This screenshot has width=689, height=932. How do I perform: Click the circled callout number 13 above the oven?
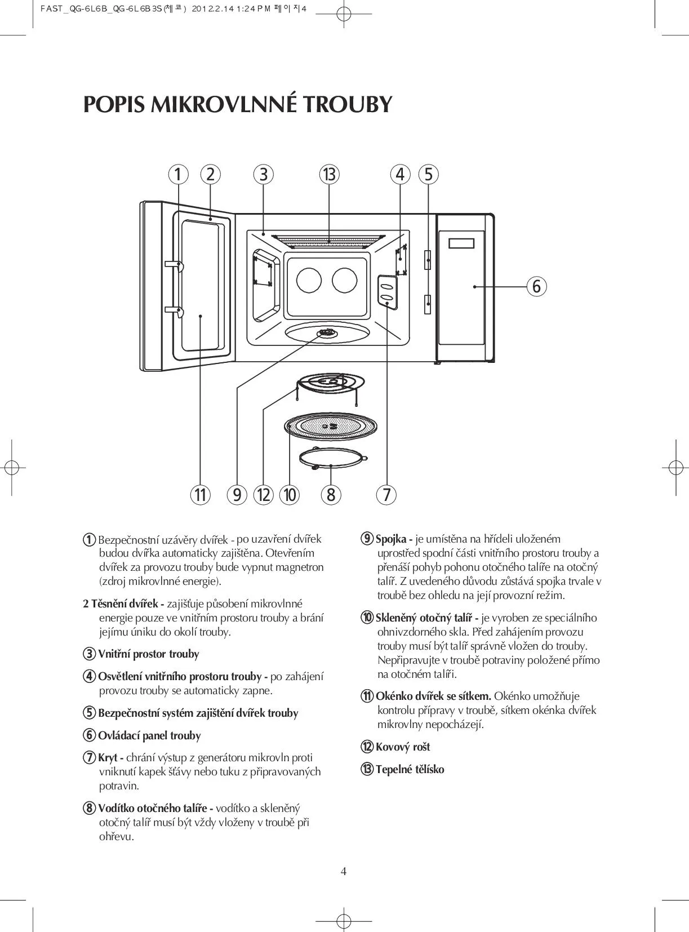click(x=329, y=175)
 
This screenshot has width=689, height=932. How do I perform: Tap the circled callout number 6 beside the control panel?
click(x=536, y=286)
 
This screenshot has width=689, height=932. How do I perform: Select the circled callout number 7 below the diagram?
click(x=386, y=495)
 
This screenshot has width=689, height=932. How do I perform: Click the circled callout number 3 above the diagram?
click(x=263, y=175)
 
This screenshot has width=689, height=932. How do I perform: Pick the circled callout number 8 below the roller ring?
click(x=331, y=495)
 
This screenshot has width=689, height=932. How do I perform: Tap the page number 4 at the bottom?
click(x=344, y=872)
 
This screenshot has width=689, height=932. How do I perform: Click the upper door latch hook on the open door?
click(x=175, y=265)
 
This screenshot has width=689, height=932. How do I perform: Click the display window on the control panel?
click(x=461, y=243)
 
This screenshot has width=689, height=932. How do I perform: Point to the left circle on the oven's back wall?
click(x=309, y=279)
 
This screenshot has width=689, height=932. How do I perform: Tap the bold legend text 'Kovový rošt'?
click(x=403, y=747)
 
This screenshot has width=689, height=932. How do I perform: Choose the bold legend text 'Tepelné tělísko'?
click(x=410, y=770)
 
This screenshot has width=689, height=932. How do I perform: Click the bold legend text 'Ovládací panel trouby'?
click(x=149, y=736)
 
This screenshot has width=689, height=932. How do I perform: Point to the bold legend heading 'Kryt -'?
click(x=110, y=758)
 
